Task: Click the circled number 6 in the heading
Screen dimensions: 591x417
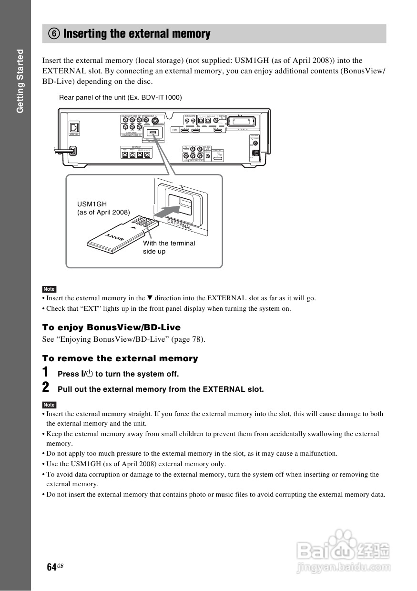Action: point(53,34)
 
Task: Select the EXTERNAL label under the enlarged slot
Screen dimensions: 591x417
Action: point(179,224)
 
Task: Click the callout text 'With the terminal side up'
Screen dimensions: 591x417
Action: point(169,247)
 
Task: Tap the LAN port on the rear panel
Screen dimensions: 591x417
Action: point(74,128)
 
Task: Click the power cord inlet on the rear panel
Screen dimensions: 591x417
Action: point(72,151)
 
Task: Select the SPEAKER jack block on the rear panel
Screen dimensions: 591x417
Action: point(136,153)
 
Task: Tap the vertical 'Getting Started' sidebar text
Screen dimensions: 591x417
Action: point(20,81)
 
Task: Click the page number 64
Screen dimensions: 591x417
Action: point(51,567)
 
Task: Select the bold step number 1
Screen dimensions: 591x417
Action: point(45,372)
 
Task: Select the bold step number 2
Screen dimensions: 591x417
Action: point(45,387)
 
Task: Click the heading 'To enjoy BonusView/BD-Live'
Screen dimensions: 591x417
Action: point(112,327)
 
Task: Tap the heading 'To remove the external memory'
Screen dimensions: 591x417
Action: point(120,358)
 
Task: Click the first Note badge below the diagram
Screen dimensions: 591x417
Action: point(49,289)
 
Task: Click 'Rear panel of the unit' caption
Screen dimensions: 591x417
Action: point(120,97)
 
